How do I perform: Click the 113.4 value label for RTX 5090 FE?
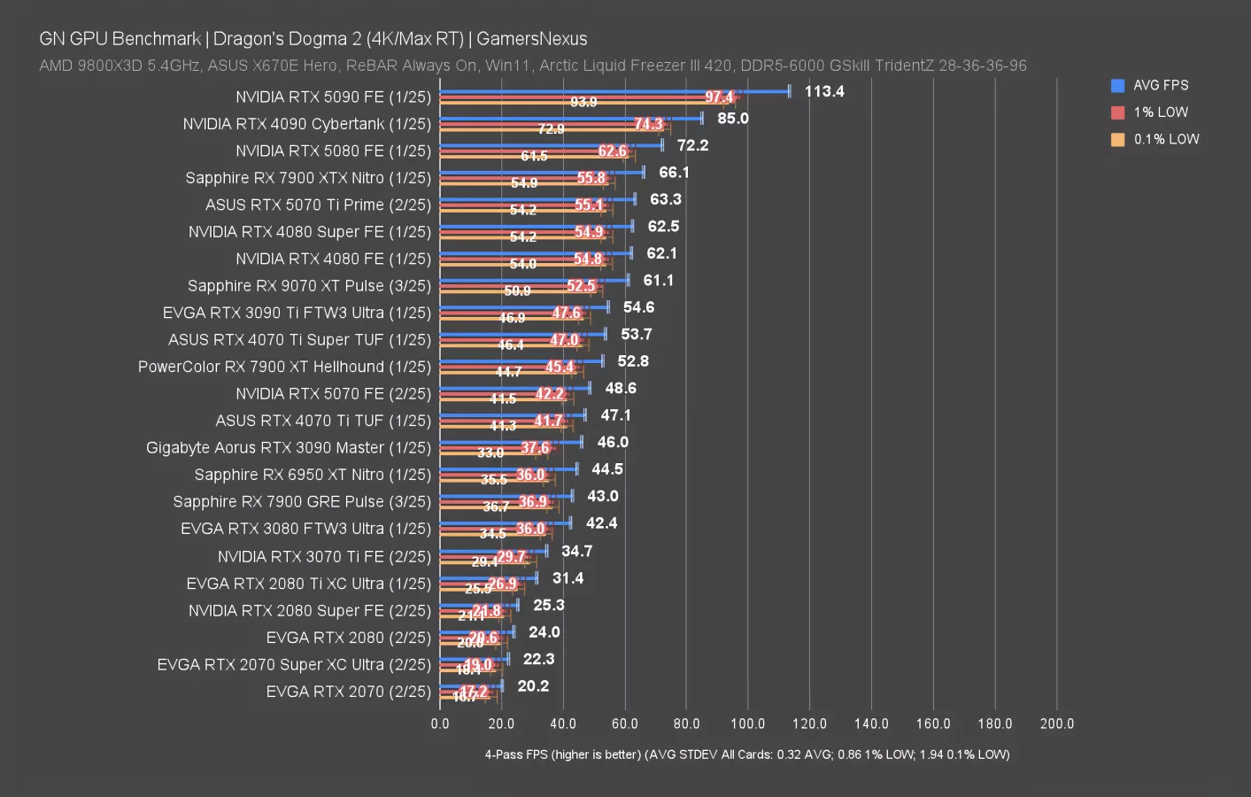pos(823,91)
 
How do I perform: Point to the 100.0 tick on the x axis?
pos(747,723)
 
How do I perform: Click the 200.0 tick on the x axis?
pos(1056,723)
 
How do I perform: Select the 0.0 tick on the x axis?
pos(440,723)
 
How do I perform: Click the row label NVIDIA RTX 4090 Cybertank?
pos(306,124)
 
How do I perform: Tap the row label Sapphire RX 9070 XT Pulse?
pos(309,286)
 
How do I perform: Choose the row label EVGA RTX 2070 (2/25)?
pos(348,692)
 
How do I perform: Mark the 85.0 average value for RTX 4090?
pos(733,118)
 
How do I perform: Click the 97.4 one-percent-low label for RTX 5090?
pos(719,97)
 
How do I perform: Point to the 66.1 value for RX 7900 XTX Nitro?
pos(674,172)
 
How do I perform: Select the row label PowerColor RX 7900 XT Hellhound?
pos(284,367)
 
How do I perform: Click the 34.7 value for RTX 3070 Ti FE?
pos(576,551)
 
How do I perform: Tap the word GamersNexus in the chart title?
pos(531,39)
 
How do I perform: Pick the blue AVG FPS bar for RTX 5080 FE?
pos(549,144)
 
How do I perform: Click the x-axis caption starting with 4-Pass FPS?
pos(746,754)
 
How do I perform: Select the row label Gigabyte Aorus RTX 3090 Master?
pos(288,448)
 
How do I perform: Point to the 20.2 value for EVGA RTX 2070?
pos(533,685)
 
